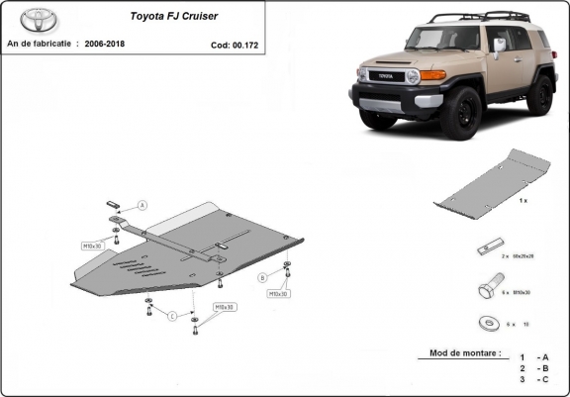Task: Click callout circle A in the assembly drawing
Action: tap(142, 206)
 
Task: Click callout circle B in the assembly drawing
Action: tap(263, 276)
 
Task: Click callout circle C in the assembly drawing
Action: tap(171, 316)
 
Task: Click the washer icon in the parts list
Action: tap(487, 323)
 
